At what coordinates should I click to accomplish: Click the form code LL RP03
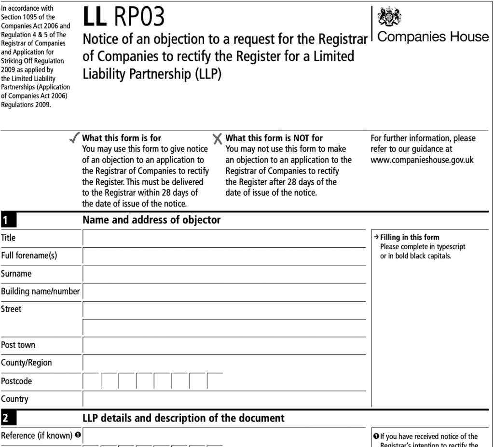coord(123,17)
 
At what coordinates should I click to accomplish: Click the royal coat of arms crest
coord(387,17)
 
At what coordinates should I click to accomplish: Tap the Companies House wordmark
coord(433,37)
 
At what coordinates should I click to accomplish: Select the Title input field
coord(224,238)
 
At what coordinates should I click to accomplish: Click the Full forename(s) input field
coord(224,256)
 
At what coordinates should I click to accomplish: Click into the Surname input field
coord(224,273)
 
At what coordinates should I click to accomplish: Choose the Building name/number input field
coord(224,291)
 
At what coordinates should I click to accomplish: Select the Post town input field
coord(224,345)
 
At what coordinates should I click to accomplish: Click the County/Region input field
coord(224,363)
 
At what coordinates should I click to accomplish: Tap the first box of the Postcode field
coord(92,381)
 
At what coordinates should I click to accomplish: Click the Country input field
coord(224,399)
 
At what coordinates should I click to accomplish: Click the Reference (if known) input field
coord(224,435)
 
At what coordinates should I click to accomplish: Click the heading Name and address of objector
coord(151,220)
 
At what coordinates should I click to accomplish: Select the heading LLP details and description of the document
coord(183,418)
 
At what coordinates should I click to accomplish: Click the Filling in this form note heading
coord(410,237)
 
